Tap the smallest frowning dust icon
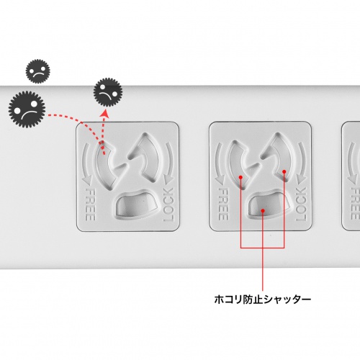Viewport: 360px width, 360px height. pyautogui.click(x=37, y=72)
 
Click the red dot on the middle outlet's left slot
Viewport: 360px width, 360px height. pyautogui.click(x=239, y=175)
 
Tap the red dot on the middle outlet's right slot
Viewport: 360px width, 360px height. pyautogui.click(x=286, y=171)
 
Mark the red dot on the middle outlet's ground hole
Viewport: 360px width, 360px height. pyautogui.click(x=263, y=210)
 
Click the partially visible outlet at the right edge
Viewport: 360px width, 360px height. pyautogui.click(x=351, y=176)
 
